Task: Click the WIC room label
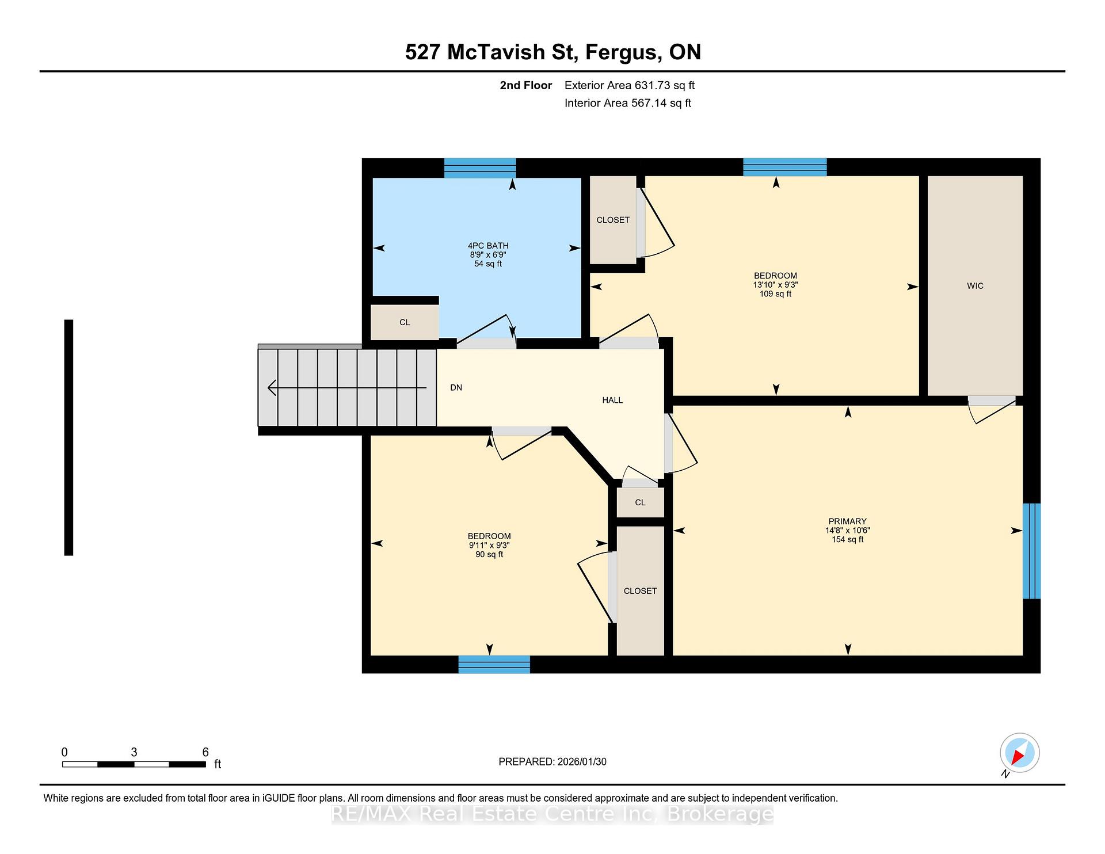click(x=975, y=286)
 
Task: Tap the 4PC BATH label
click(x=488, y=246)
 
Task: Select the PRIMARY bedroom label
click(x=847, y=521)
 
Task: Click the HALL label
click(x=612, y=400)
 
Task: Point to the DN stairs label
click(x=456, y=388)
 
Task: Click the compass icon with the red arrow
click(x=1019, y=753)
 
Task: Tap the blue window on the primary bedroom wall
click(x=1031, y=551)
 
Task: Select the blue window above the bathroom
click(x=480, y=168)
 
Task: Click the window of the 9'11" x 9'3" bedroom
click(x=494, y=664)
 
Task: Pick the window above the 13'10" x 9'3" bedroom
click(x=785, y=167)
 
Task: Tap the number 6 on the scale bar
click(x=205, y=752)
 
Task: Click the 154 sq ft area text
click(x=847, y=540)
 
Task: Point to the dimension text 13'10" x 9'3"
click(x=775, y=285)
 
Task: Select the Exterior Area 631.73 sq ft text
click(x=630, y=86)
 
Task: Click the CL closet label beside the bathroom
click(x=405, y=322)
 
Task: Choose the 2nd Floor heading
click(x=526, y=86)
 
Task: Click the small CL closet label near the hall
click(x=640, y=502)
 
